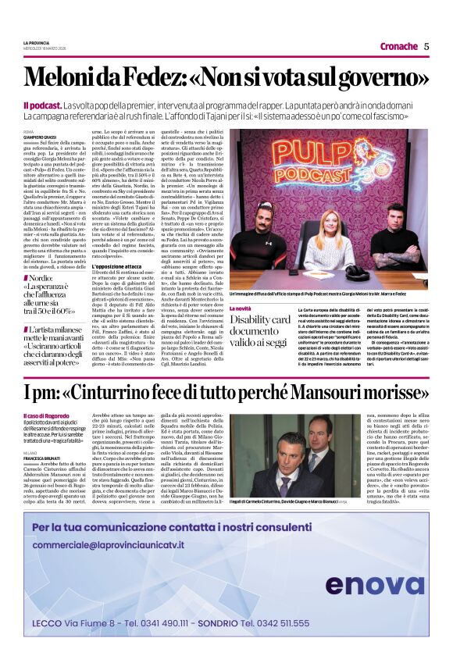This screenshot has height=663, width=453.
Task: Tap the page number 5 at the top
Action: point(426,46)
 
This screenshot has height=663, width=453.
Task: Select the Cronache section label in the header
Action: point(398,46)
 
